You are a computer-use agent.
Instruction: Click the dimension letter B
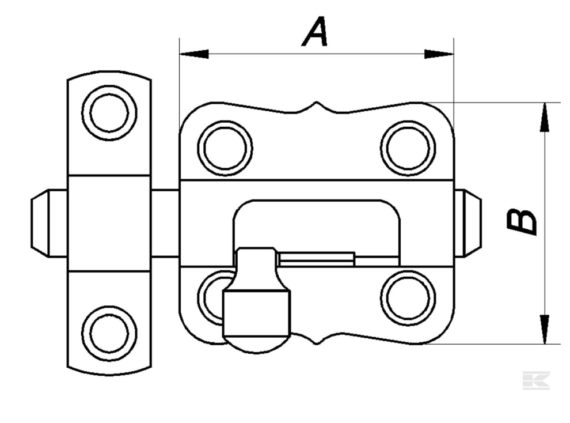point(522,222)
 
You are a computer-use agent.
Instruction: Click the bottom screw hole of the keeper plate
point(109,333)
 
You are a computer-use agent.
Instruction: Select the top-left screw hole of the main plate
point(225,148)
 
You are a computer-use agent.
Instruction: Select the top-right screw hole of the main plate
point(408,148)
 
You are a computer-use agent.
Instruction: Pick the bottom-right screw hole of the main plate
point(408,297)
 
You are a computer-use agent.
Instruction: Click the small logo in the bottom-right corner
point(536,380)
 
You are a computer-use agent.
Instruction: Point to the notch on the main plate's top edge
point(317,107)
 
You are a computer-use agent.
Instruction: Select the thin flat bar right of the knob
point(317,258)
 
